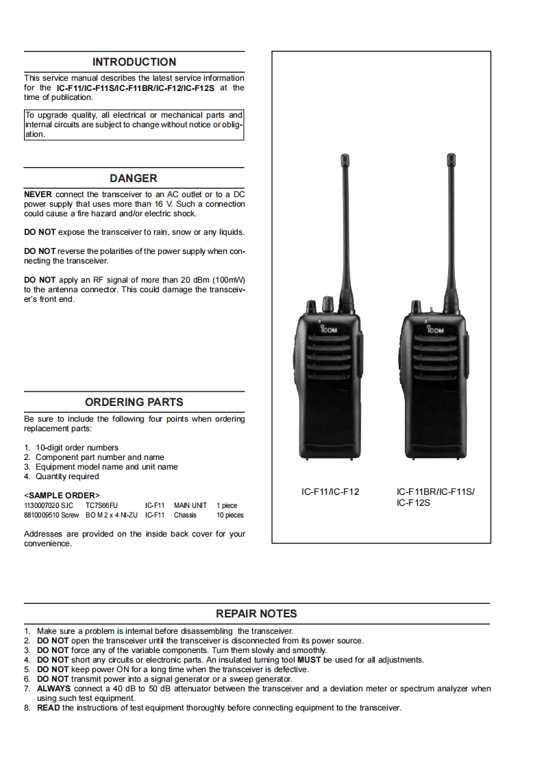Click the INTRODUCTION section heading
tap(134, 62)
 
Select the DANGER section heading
tap(134, 178)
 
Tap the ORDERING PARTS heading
tap(134, 402)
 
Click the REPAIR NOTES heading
tap(257, 613)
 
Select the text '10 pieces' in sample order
tap(230, 515)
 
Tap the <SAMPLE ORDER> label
tap(62, 495)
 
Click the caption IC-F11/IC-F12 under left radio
tap(330, 491)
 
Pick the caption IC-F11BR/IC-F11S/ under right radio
tap(435, 491)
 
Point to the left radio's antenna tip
tap(344, 159)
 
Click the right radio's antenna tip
tap(452, 159)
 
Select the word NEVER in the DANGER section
tap(38, 194)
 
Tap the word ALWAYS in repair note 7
tap(53, 689)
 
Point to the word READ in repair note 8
tap(48, 708)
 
